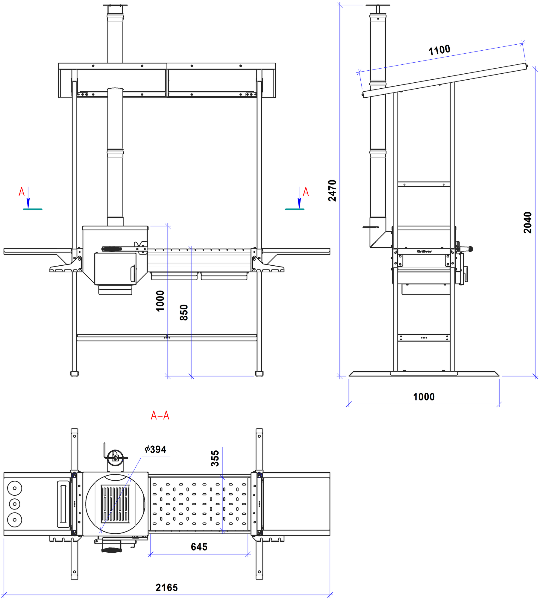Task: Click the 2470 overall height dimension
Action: coord(332,190)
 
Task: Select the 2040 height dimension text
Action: coord(528,223)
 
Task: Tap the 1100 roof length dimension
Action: coord(439,50)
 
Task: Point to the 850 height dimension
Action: coord(184,312)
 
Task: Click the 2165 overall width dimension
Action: coord(167,588)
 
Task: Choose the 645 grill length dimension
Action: coord(199,547)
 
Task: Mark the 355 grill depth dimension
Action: coord(215,458)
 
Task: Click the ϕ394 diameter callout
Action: coord(155,449)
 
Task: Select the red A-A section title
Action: coord(160,415)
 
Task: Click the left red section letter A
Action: coord(22,192)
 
